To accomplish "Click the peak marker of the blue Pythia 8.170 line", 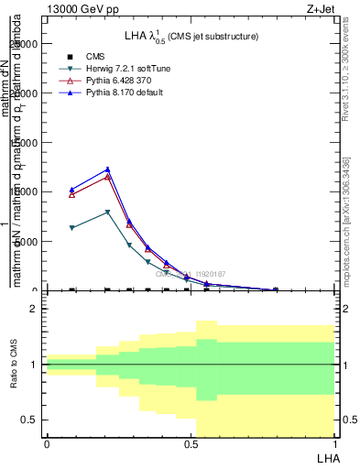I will (x=108, y=169).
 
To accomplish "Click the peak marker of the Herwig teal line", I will (x=108, y=212).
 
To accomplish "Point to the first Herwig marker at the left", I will (x=72, y=228).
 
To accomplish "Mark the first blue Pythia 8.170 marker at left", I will (x=72, y=190).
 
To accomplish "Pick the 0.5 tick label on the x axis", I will (x=191, y=444).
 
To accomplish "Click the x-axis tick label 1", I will (x=333, y=444).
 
